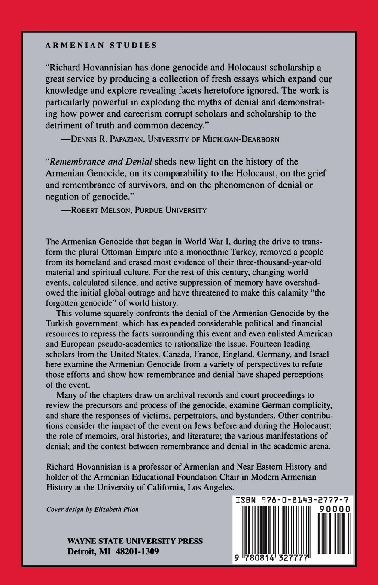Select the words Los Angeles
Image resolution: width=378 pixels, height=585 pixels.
pos(210,488)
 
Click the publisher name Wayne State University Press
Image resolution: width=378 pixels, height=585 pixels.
pos(135,541)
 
